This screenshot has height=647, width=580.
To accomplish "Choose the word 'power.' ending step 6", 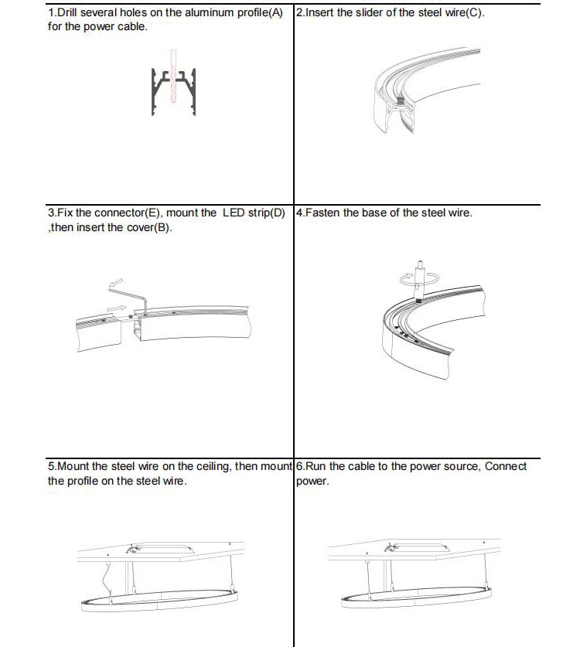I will click(x=312, y=481).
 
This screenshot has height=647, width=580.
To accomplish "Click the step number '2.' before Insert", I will click(x=302, y=13).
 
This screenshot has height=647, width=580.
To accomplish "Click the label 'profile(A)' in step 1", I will click(x=258, y=13).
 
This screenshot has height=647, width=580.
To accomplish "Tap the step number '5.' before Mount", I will click(x=52, y=466).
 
